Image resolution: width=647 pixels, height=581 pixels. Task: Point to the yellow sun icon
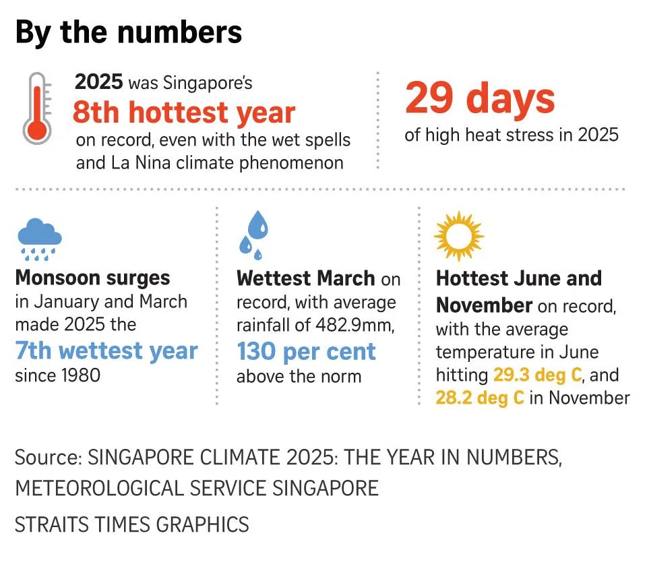click(458, 235)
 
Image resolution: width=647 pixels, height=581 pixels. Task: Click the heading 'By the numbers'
click(128, 32)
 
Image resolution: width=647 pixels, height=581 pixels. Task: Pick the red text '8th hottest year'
click(184, 113)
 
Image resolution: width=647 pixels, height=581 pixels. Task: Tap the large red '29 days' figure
click(480, 98)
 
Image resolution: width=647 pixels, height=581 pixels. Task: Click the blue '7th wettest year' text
click(106, 351)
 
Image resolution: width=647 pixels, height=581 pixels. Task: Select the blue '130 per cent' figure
click(306, 351)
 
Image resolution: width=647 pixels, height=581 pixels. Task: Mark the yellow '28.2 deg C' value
click(480, 397)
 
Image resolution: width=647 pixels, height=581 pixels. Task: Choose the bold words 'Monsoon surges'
click(92, 278)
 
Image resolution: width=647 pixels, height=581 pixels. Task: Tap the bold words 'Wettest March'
click(305, 278)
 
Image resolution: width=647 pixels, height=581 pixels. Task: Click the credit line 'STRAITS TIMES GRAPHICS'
click(132, 524)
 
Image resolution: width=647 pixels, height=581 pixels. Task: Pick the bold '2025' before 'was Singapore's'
click(99, 83)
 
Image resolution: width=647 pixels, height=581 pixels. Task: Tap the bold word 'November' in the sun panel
click(484, 305)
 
